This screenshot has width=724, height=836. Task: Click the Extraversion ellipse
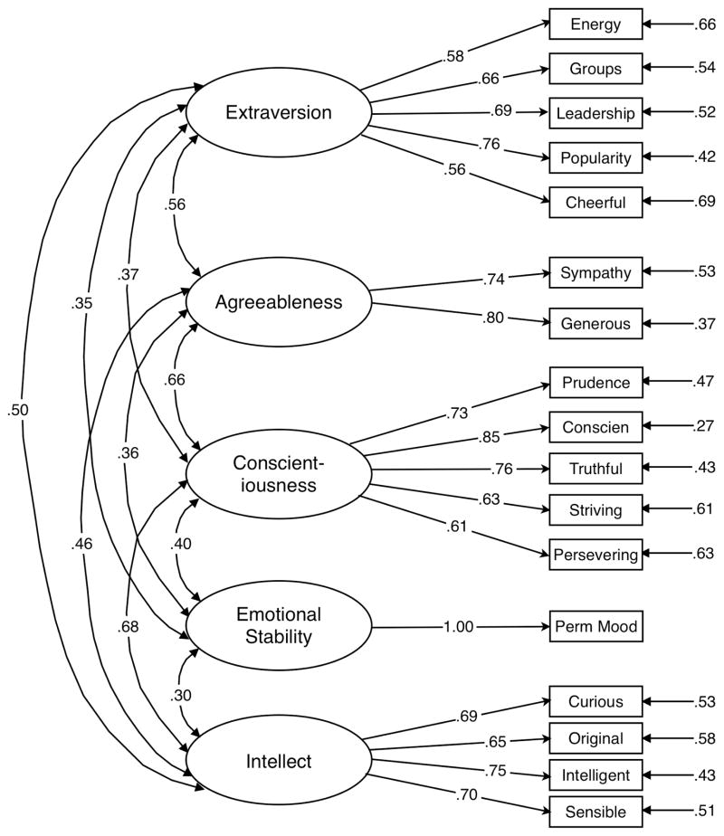(x=279, y=113)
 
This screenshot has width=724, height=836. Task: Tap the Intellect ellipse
(x=279, y=762)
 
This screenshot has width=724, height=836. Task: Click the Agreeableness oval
(x=279, y=302)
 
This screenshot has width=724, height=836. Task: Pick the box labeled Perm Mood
(x=595, y=626)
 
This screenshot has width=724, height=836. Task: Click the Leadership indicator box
(x=595, y=113)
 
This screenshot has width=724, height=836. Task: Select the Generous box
(x=595, y=324)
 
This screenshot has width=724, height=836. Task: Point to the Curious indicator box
(x=595, y=700)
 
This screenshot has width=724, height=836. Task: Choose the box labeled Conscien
(x=595, y=425)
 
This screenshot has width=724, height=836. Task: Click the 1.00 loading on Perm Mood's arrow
(x=459, y=626)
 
